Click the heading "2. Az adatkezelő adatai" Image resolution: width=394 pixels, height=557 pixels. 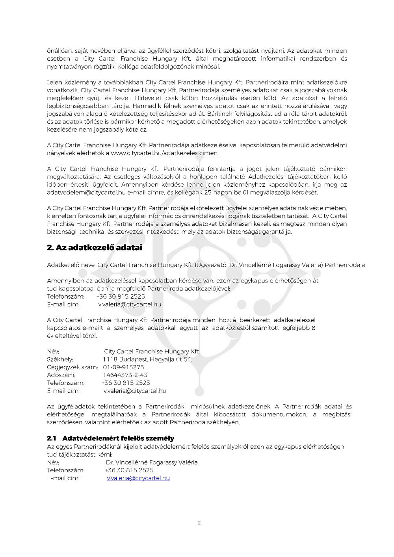(95, 248)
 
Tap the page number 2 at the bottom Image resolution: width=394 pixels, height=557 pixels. (199, 523)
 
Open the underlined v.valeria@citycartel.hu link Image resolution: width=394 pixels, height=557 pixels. (138, 478)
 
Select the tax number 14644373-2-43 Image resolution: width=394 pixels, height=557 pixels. (125, 375)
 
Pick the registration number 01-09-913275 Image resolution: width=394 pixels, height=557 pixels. (124, 367)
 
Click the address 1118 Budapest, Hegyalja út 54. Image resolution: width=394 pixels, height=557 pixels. (147, 359)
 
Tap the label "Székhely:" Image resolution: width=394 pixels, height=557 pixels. (60, 359)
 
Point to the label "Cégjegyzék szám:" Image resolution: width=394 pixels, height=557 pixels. (72, 367)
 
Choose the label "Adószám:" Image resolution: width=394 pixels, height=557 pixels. (61, 375)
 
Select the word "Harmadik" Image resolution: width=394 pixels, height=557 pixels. (145, 106)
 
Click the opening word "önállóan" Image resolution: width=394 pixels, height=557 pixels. (59, 51)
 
